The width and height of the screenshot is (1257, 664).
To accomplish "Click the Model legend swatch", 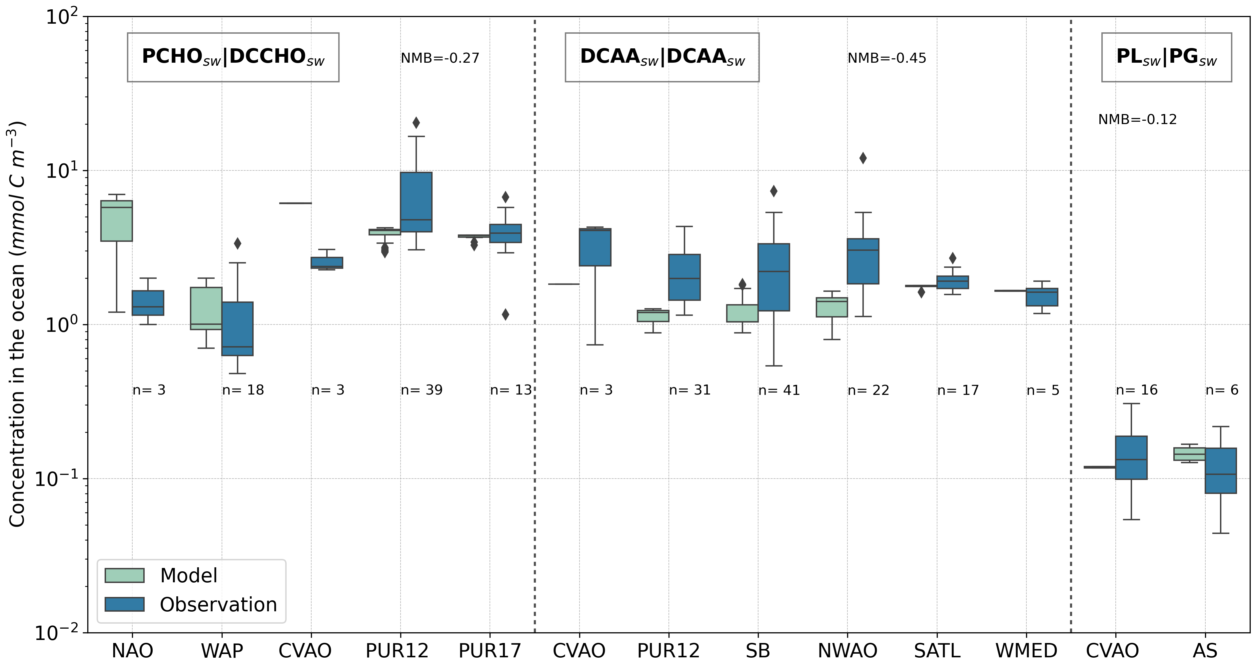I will pos(124,575).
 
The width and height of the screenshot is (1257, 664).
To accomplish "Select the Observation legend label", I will pos(218,604).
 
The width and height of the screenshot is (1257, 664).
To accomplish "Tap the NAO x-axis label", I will pos(132,650).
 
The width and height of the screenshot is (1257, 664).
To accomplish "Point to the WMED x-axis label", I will pos(1026,650).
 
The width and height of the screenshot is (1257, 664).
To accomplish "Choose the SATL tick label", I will pos(937,650).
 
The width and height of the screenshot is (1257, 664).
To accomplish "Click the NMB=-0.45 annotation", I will pos(887,58).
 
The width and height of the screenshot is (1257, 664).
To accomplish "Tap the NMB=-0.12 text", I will pos(1137,120).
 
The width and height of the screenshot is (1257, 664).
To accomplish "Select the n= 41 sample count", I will pos(779,390).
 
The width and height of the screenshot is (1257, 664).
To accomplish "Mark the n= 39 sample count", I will pos(422,390).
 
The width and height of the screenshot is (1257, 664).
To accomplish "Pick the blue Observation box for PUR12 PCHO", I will pos(416,202).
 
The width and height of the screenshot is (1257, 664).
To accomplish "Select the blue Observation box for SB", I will pos(773,277).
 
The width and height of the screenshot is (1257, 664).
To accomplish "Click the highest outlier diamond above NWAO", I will pos(863,158).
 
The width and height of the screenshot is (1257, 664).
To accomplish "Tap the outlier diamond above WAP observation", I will pos(237,243).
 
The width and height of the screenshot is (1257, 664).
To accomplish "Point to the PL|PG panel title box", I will pos(1166,57).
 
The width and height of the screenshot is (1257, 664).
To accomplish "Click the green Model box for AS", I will pos(1189,454).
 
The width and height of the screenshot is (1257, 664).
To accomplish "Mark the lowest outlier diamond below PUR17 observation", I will pos(506,314).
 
